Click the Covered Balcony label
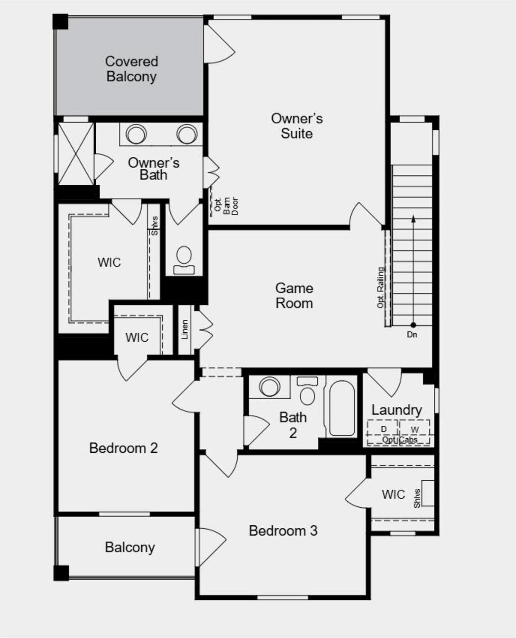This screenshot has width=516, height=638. (131, 69)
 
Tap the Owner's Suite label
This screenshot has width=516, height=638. (296, 126)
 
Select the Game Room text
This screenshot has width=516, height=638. (294, 296)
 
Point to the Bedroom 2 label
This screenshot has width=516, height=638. (123, 448)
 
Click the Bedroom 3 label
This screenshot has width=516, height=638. (283, 530)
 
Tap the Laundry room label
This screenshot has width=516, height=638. (396, 410)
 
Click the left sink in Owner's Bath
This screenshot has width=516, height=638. (136, 134)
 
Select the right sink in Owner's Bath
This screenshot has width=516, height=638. (186, 134)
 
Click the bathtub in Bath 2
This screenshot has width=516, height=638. (342, 408)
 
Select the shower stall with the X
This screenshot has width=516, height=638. (76, 154)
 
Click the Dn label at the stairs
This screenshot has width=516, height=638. (412, 334)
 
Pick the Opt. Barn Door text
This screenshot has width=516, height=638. (227, 206)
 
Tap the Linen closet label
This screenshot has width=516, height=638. (185, 329)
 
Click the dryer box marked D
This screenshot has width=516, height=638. (384, 429)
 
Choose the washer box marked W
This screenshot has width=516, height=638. (414, 429)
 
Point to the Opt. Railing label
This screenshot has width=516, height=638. (380, 287)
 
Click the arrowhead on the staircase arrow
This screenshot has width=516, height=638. (413, 218)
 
